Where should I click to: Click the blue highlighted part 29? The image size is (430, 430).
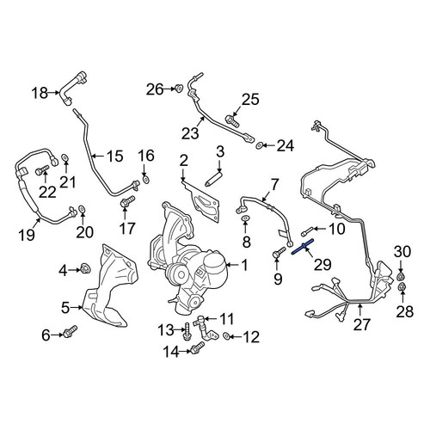click(303, 246)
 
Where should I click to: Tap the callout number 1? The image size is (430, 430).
click(244, 265)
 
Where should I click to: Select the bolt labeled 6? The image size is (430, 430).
click(70, 332)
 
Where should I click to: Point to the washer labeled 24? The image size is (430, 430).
click(259, 145)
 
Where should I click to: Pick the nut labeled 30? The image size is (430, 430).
click(401, 277)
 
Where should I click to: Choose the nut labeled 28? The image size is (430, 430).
click(402, 286)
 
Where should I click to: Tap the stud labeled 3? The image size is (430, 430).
click(213, 178)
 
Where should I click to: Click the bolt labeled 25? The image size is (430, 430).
click(232, 120)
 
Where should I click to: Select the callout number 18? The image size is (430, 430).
click(40, 93)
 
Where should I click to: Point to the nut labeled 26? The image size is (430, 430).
click(179, 89)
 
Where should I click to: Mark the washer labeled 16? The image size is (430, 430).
click(146, 180)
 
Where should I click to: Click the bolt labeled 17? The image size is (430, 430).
click(127, 201)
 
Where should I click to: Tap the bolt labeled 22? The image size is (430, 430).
click(42, 170)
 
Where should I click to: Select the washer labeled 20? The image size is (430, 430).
click(82, 208)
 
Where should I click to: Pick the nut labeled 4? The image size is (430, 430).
click(85, 269)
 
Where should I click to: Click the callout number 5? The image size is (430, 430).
click(65, 308)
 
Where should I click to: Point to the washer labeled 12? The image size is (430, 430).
click(226, 335)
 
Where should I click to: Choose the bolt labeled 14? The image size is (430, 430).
click(197, 347)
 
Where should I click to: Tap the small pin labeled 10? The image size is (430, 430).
click(306, 230)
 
